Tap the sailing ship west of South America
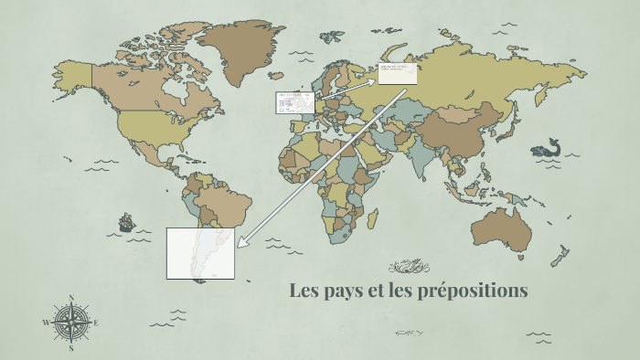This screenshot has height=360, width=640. click(126, 222)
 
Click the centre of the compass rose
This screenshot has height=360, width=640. click(71, 322)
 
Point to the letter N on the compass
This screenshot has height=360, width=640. click(71, 297)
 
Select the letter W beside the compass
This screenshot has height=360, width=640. click(46, 323)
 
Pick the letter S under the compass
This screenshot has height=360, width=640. click(71, 347)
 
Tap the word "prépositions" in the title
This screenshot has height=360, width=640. click(475, 291)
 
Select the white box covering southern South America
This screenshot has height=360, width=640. click(200, 253)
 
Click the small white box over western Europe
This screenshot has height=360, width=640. click(295, 102)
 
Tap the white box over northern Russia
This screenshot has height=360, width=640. click(398, 74)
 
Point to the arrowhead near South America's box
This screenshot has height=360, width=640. click(241, 243)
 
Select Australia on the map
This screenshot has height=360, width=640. click(502, 228)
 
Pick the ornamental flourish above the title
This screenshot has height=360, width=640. click(409, 266)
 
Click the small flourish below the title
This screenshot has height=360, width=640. click(409, 333)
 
